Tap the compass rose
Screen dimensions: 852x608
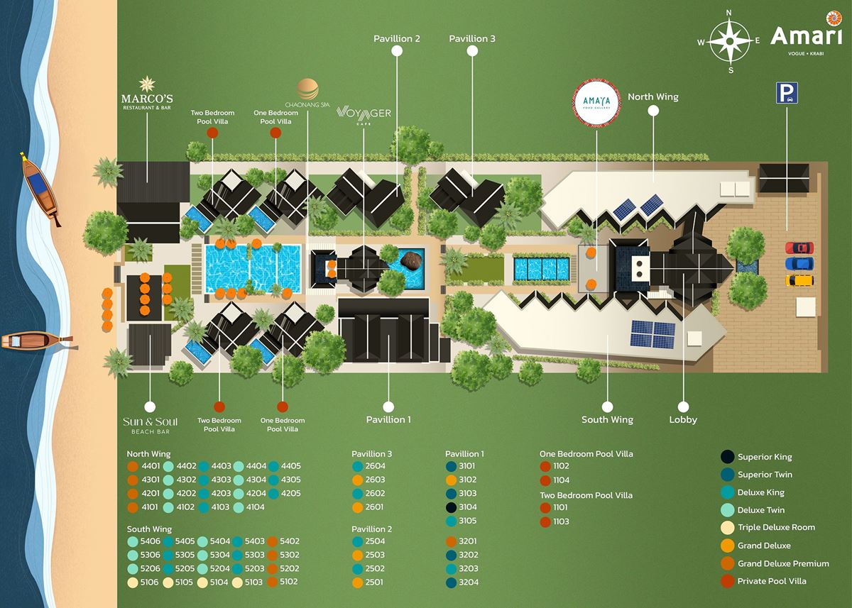[728, 40]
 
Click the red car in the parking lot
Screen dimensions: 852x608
[799, 248]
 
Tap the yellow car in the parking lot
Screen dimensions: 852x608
[799, 280]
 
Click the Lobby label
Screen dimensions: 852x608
[683, 419]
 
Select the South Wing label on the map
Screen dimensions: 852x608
[607, 419]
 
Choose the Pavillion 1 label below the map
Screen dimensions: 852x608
[388, 419]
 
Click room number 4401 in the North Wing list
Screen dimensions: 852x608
[151, 467]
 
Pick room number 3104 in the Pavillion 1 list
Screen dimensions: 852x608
[468, 507]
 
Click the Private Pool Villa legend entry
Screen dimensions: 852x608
[772, 581]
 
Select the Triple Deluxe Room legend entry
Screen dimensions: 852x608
[776, 528]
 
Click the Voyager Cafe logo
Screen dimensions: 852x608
[364, 115]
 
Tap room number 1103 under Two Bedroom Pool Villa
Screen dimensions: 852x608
[561, 522]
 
